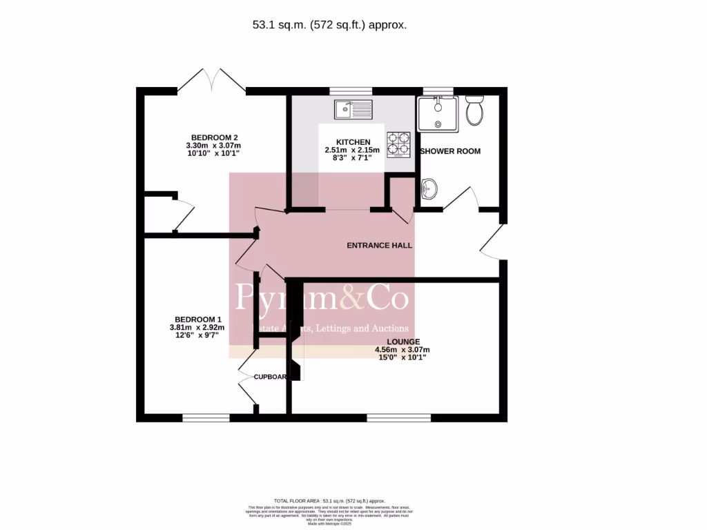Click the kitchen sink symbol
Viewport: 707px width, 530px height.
[x=352, y=108]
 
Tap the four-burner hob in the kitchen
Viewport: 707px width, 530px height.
[x=398, y=144]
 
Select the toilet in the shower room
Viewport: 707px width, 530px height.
[x=474, y=110]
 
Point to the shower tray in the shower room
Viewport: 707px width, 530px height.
[x=436, y=114]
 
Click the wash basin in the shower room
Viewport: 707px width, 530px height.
[x=429, y=188]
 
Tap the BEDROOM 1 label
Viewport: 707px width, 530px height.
[x=195, y=318]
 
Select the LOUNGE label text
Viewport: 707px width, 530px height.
[x=403, y=341]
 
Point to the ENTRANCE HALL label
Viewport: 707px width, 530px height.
[x=379, y=245]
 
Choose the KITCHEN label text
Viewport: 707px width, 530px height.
[x=352, y=141]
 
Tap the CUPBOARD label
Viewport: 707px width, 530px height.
[x=270, y=377]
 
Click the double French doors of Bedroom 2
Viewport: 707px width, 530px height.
[x=211, y=81]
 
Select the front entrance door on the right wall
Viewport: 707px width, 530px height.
[x=493, y=241]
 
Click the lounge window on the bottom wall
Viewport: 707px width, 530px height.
[x=398, y=418]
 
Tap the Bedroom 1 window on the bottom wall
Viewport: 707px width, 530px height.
[x=206, y=418]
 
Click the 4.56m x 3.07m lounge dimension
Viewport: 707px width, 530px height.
[x=402, y=350]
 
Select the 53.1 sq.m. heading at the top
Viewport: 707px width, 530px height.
[x=329, y=25]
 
